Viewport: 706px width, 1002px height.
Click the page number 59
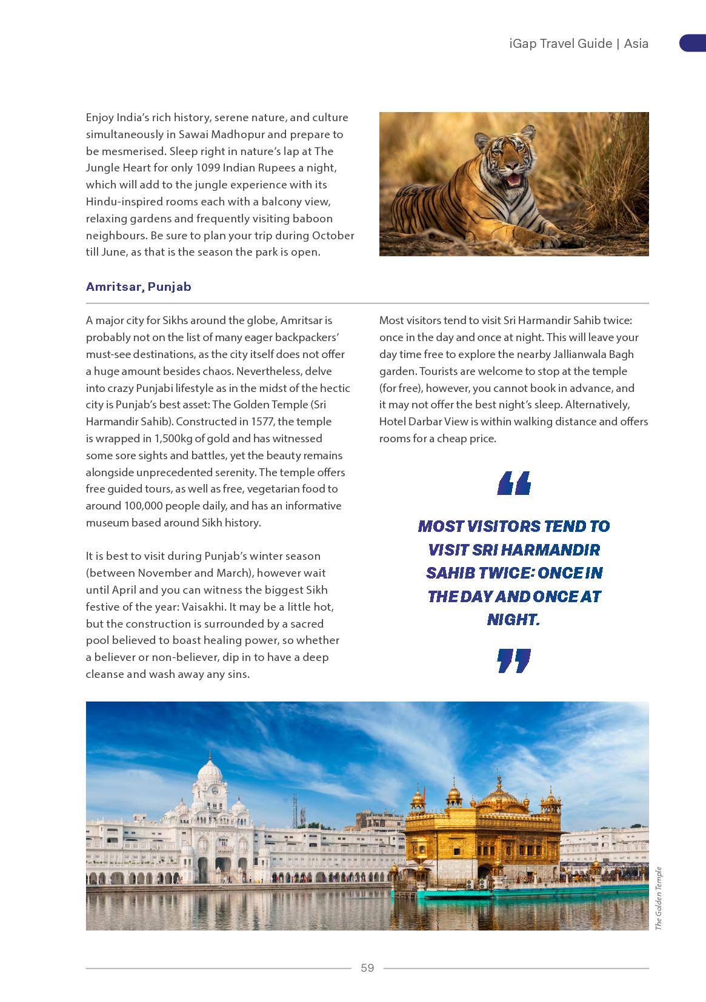point(367,967)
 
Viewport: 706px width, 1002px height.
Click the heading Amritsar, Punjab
point(138,287)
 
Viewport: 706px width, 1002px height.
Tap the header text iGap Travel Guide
point(561,44)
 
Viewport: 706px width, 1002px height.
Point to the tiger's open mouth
point(513,179)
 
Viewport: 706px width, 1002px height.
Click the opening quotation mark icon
point(514,483)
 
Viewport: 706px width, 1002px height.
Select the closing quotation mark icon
point(514,660)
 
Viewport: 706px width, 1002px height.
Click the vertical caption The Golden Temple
point(659,898)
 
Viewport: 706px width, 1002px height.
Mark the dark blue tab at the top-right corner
point(693,43)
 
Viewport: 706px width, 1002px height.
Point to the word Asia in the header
point(636,44)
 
